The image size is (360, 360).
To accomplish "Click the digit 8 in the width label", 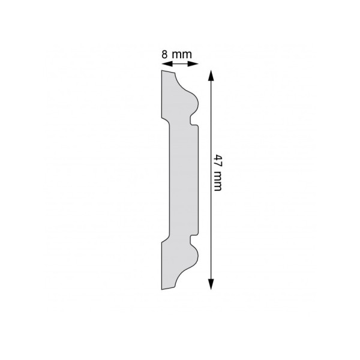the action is point(164,55).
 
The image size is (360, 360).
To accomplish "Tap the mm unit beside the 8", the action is point(182,55).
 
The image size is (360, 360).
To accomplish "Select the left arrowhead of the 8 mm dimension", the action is point(167,64).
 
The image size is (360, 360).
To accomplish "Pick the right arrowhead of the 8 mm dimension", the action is point(193,64).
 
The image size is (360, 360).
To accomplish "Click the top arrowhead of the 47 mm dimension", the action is point(211,76).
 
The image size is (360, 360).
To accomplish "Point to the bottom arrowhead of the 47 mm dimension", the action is point(211,284).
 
